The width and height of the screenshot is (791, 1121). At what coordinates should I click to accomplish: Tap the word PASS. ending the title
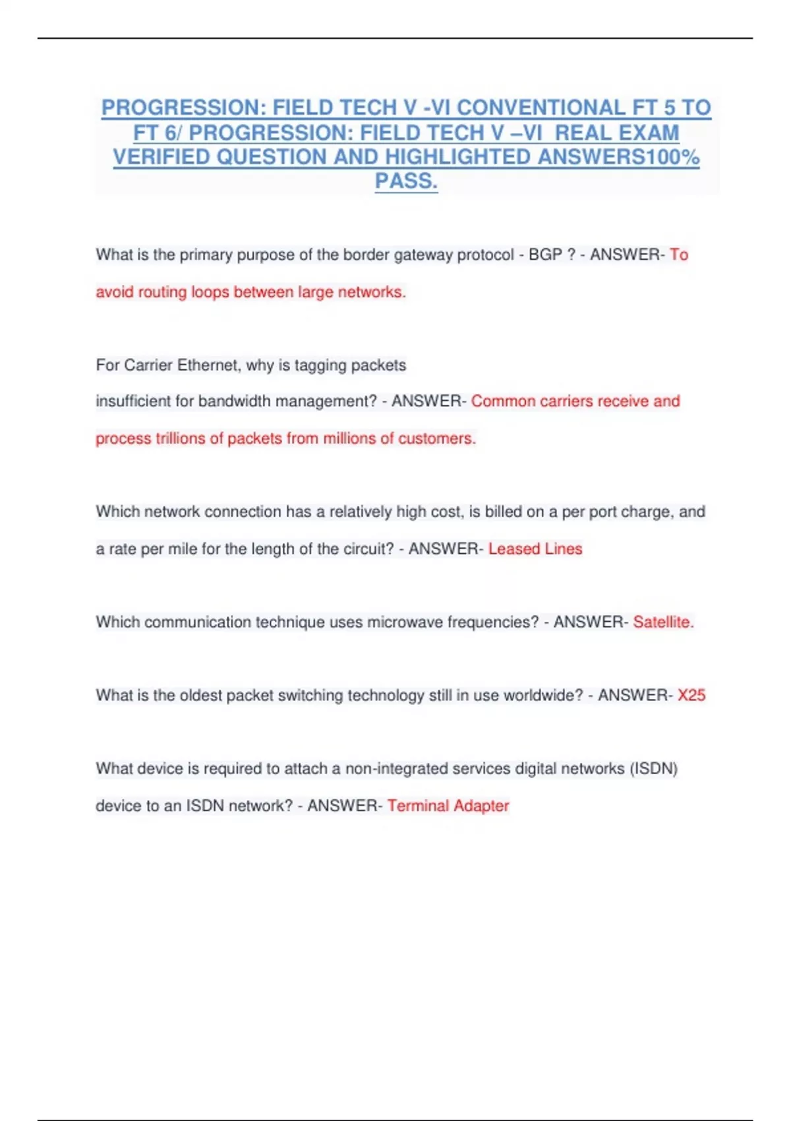click(406, 181)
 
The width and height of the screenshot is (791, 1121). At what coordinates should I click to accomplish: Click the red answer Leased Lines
click(535, 549)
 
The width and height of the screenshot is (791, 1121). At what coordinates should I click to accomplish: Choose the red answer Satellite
click(662, 622)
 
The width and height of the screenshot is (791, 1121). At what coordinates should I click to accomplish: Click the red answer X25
click(691, 695)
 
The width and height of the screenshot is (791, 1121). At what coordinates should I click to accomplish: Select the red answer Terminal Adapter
click(448, 806)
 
